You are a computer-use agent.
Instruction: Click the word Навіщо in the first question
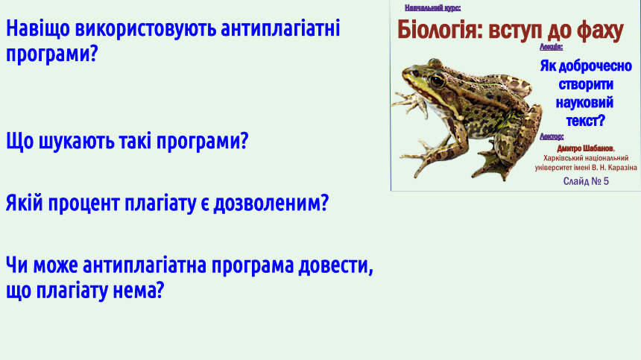[38, 29]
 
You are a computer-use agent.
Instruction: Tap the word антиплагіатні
[280, 28]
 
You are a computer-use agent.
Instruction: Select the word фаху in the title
[600, 31]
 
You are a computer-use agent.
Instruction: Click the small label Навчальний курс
[432, 7]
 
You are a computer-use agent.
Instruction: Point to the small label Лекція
[551, 47]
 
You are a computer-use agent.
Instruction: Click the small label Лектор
[552, 136]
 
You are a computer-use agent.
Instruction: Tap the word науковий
[584, 102]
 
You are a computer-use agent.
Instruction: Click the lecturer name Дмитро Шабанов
[585, 149]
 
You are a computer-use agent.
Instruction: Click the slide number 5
[605, 181]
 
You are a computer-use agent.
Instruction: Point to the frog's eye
[437, 80]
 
